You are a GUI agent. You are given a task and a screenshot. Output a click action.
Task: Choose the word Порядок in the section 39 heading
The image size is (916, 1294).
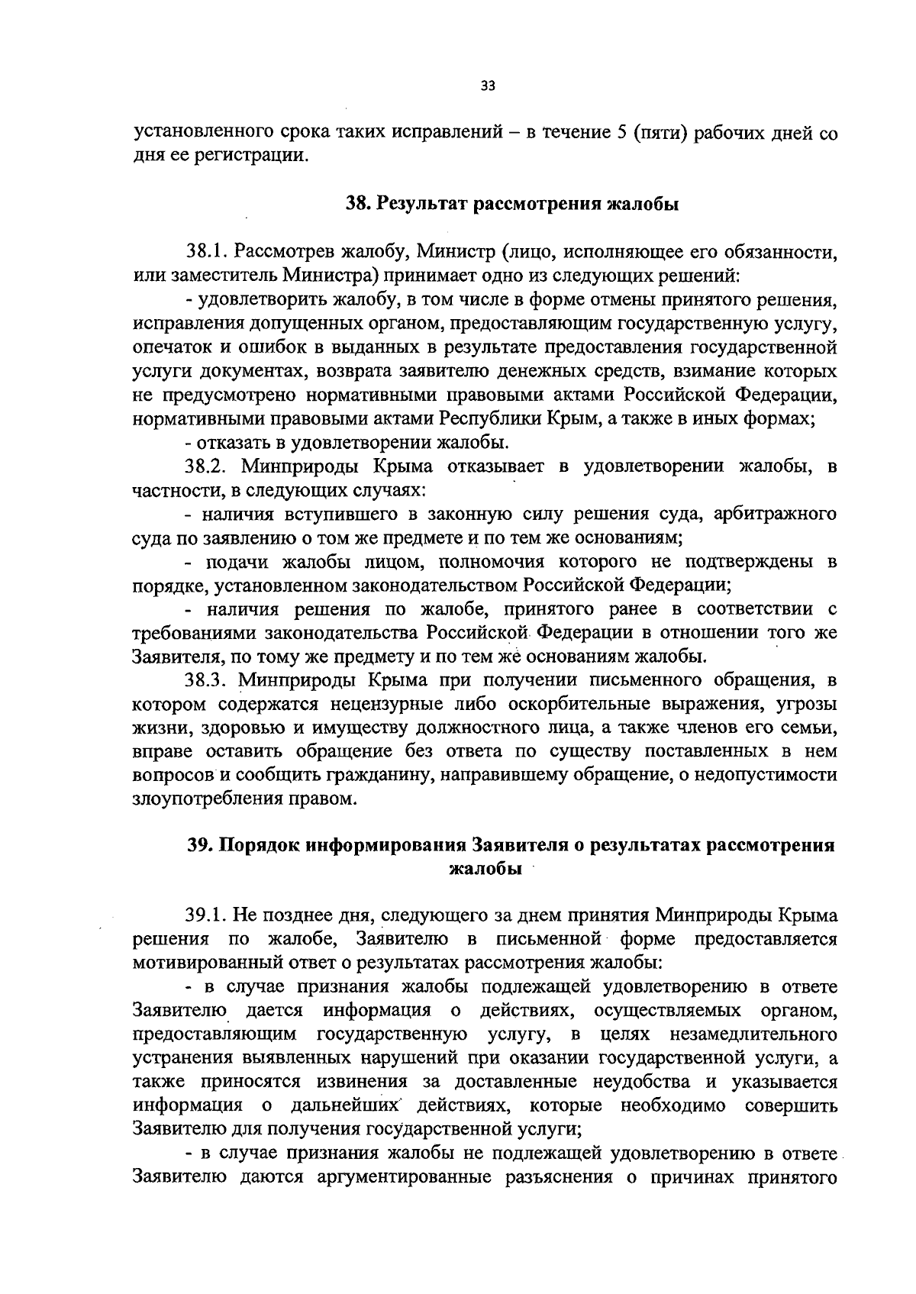(260, 846)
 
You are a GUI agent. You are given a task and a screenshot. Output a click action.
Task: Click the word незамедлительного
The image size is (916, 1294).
(753, 1034)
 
